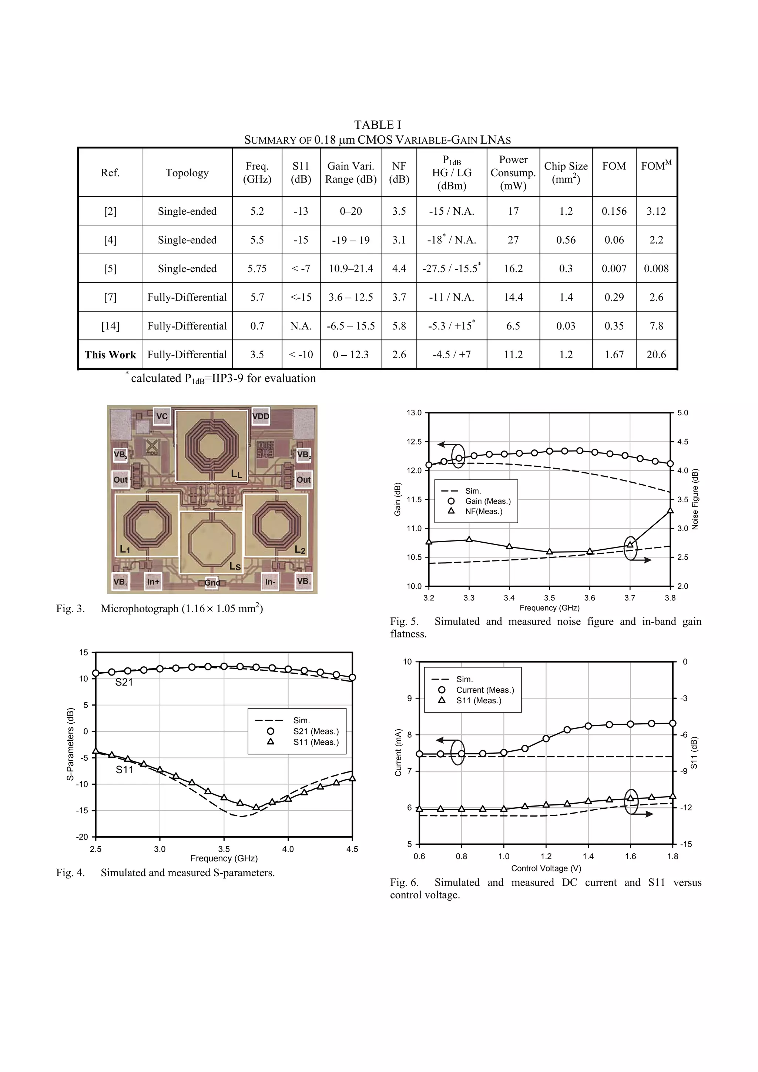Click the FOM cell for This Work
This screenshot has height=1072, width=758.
(x=614, y=355)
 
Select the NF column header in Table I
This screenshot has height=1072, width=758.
(x=399, y=173)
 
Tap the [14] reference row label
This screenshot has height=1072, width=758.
(x=110, y=326)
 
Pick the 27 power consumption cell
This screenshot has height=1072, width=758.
(x=513, y=240)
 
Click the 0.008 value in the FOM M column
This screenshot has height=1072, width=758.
(x=656, y=268)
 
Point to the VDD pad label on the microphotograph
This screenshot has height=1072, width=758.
(x=261, y=416)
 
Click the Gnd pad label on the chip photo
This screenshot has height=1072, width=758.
(x=212, y=583)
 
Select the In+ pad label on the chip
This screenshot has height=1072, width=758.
(x=153, y=582)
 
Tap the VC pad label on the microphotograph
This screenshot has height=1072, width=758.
(x=161, y=416)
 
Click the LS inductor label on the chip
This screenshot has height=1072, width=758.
(x=235, y=566)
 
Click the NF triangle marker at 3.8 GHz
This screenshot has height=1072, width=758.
(x=670, y=510)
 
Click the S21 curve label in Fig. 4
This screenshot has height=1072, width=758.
(x=124, y=682)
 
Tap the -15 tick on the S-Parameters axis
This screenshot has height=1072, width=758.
(x=82, y=811)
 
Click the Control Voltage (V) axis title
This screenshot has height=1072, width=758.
(x=546, y=868)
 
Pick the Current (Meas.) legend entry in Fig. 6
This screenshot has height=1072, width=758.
(x=485, y=690)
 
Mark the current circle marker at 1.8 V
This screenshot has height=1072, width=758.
(x=673, y=723)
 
